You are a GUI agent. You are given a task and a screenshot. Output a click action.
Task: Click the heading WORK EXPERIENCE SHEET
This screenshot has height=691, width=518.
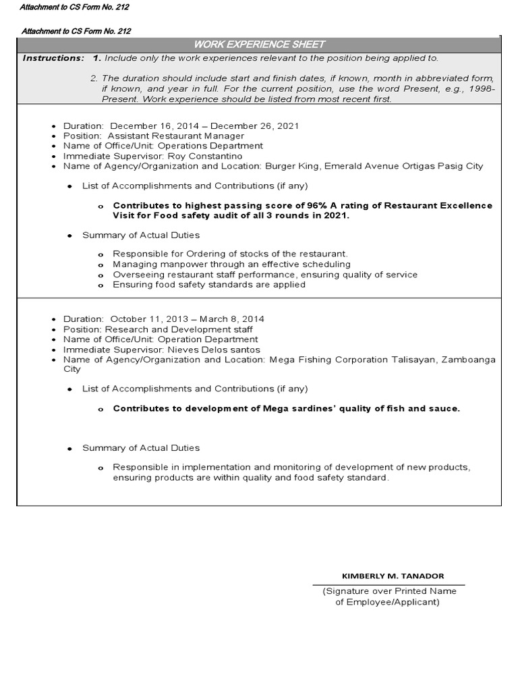[x=260, y=45]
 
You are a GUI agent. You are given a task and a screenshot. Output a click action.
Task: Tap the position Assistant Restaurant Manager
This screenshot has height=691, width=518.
[x=176, y=136]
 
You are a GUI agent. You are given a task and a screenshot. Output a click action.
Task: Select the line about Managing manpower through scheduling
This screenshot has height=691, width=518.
[x=231, y=264]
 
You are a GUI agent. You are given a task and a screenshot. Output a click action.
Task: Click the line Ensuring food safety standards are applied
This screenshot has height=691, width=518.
[x=209, y=285]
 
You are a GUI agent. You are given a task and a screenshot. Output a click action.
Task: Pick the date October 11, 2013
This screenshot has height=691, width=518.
[x=149, y=319]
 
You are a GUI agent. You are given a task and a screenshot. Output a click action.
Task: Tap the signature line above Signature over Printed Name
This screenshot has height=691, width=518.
[x=388, y=584]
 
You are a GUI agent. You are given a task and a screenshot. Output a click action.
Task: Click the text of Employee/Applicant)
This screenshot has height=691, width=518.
[x=387, y=602]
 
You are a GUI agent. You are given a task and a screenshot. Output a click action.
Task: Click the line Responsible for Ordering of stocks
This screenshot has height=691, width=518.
[x=230, y=254]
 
